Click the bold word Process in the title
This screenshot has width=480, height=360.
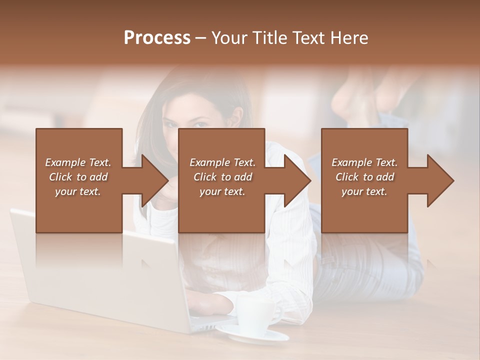pos(157,38)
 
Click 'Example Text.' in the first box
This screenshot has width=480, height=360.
pos(78,162)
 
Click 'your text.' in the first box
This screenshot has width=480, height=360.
pos(78,191)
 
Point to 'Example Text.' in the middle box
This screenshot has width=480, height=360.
pos(222,162)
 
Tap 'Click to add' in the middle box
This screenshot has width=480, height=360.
pos(222,177)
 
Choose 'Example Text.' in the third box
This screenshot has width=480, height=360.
pos(364,162)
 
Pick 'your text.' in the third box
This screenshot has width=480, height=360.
pos(364,191)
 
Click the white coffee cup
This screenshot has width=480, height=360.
pos(254,315)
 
